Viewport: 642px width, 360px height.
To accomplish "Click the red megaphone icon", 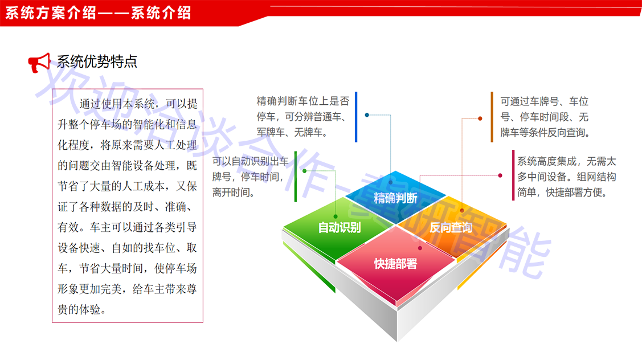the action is [39, 63].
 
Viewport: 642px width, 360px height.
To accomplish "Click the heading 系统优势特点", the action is [97, 62].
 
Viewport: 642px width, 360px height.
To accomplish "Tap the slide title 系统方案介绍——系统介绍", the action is [98, 13].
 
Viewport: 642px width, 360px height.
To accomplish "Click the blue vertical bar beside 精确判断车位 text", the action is [356, 117].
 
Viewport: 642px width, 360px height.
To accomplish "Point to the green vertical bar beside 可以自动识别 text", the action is [296, 177].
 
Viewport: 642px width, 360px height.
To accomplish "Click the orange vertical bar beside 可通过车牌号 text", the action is [492, 117].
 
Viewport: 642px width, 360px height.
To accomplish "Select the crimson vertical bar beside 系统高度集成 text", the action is [513, 175].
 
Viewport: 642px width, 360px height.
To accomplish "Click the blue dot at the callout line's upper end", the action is [367, 115].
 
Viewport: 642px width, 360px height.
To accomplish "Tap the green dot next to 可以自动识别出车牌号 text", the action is [305, 171].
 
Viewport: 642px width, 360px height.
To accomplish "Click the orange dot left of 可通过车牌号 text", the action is [480, 118].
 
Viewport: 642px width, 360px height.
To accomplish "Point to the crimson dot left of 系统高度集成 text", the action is [500, 175].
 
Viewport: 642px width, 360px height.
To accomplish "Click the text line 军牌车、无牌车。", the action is [292, 132].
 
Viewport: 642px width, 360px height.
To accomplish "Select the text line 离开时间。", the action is [234, 192].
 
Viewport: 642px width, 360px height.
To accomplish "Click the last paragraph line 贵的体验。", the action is [82, 309].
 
